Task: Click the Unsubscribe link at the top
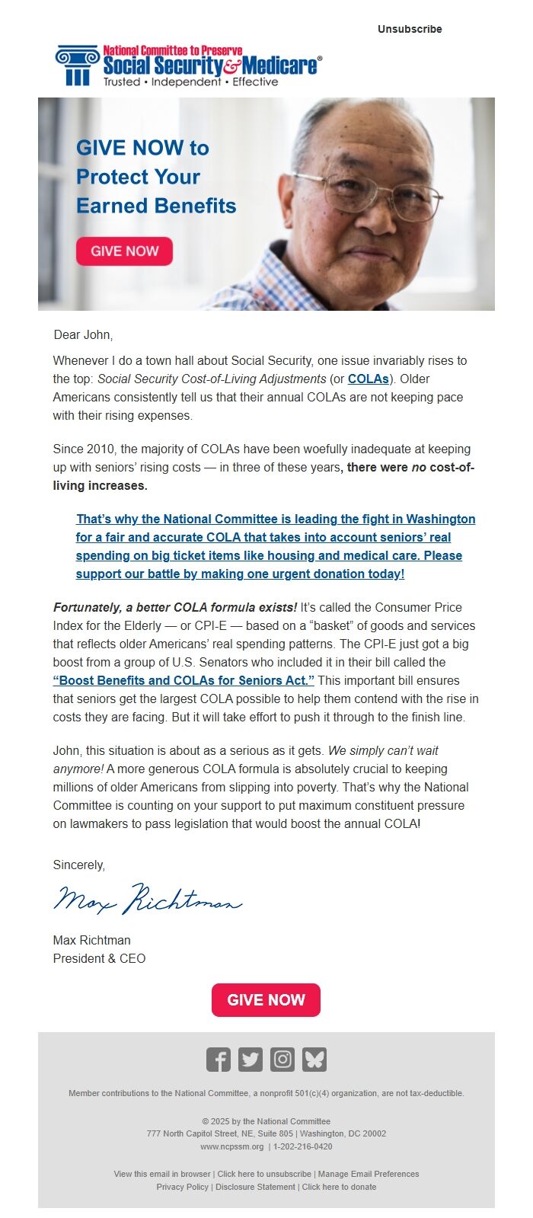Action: pos(410,29)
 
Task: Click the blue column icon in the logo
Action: pos(77,65)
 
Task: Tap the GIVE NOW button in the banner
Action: pos(124,251)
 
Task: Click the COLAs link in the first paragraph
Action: pos(369,379)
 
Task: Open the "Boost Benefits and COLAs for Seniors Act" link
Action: pos(184,680)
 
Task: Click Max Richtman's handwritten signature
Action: pos(148,900)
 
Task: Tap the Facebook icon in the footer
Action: pos(219,1060)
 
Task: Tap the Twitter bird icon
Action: pos(251,1060)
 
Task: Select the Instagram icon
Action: pos(282,1060)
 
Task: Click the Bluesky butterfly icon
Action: pos(314,1060)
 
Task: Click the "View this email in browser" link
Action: pos(162,1174)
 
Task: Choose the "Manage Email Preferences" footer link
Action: pos(369,1174)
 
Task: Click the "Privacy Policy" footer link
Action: pos(182,1187)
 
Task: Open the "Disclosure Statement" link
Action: pos(255,1187)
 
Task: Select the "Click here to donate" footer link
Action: pos(339,1187)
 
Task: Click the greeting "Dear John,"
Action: pos(83,334)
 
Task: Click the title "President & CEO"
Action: pos(99,958)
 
